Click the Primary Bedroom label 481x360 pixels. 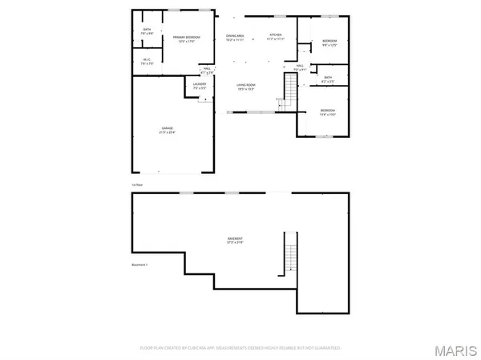pyautogui.click(x=182, y=39)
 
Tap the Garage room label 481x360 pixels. pyautogui.click(x=168, y=130)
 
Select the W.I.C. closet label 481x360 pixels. pyautogui.click(x=146, y=61)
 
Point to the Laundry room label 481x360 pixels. pyautogui.click(x=200, y=85)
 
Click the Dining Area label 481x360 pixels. pyautogui.click(x=235, y=38)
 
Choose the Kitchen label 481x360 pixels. pyautogui.click(x=276, y=38)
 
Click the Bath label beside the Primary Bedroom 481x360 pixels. pyautogui.click(x=147, y=30)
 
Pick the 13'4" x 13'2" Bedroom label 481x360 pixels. pyautogui.click(x=327, y=112)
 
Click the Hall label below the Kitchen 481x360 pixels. pyautogui.click(x=299, y=68)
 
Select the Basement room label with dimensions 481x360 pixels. pyautogui.click(x=234, y=241)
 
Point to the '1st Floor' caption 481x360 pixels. pyautogui.click(x=138, y=184)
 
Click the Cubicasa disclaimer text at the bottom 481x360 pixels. pyautogui.click(x=240, y=348)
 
